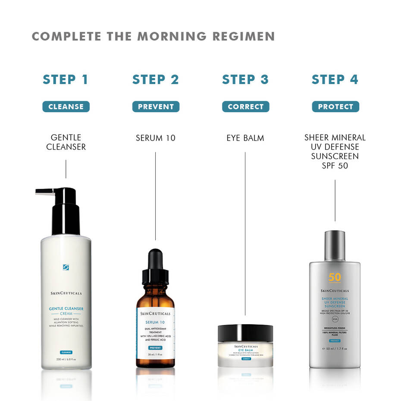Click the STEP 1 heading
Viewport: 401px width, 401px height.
pos(66,80)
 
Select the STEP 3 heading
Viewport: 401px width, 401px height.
pos(245,80)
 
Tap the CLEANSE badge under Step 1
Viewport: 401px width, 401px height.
pos(66,107)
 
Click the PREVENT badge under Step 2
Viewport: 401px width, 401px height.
pos(156,107)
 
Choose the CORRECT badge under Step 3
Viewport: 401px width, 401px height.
pos(245,107)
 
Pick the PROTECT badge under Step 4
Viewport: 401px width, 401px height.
pos(335,107)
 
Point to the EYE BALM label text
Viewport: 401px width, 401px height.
pos(245,138)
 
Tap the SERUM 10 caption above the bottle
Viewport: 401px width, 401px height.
pos(156,138)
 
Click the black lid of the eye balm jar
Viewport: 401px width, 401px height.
pos(245,333)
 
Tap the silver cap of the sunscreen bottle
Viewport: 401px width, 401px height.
pos(335,245)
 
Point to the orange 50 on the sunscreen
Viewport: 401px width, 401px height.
pos(335,277)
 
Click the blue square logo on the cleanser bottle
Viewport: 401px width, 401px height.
pos(66,267)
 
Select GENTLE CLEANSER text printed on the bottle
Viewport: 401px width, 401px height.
pos(66,309)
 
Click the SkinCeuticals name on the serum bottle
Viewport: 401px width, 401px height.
pos(155,313)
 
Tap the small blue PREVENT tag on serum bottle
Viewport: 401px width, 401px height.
pos(155,348)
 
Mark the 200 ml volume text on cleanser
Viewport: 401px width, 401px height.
pos(66,359)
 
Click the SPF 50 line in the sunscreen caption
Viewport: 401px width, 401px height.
pos(335,166)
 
